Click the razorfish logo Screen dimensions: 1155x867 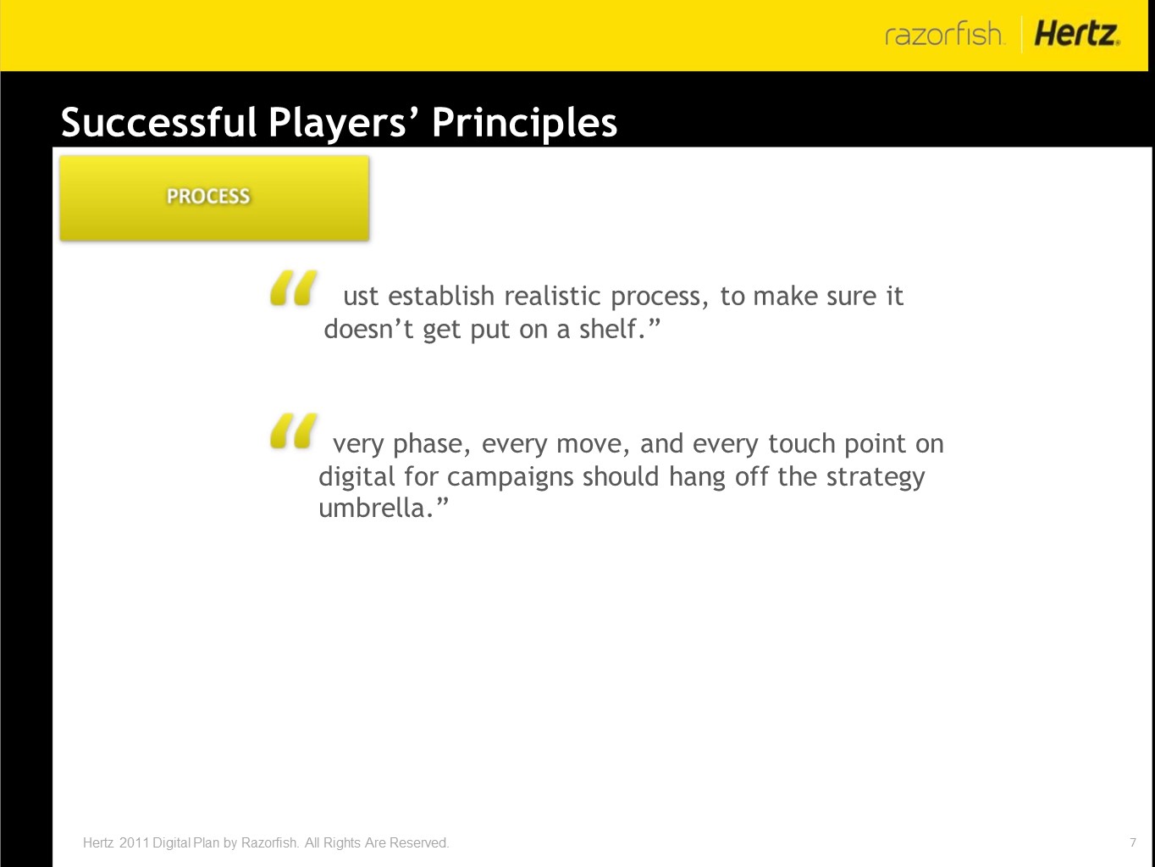[944, 34]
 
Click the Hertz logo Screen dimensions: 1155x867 [1077, 34]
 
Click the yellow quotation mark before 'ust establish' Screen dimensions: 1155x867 [293, 288]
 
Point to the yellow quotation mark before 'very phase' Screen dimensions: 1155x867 [293, 431]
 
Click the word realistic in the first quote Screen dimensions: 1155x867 [552, 296]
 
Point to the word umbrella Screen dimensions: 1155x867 [376, 508]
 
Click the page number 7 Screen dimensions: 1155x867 [1133, 842]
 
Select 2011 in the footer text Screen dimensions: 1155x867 [134, 842]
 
